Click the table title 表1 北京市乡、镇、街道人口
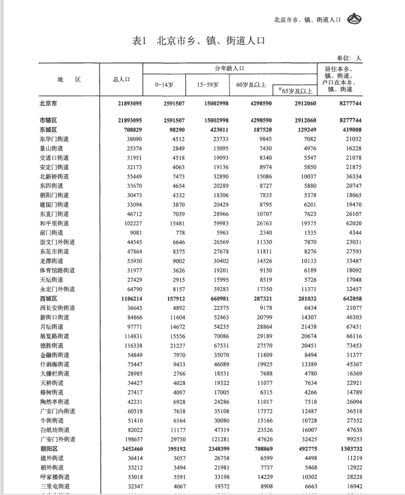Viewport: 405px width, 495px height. point(198,41)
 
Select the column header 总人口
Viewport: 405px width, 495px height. point(121,79)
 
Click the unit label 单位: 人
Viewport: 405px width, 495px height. point(349,58)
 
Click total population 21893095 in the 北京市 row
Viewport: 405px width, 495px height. point(129,104)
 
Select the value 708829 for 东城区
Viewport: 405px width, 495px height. point(132,129)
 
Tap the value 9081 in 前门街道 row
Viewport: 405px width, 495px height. point(134,232)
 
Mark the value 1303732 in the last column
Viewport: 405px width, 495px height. point(346,449)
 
